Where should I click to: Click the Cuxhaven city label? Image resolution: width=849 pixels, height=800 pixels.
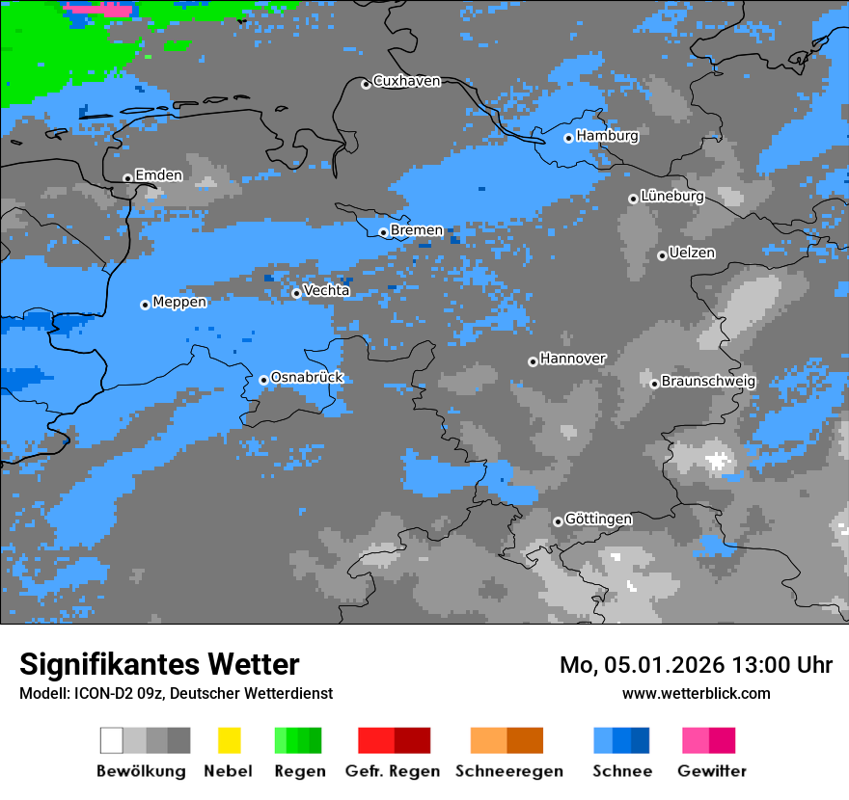[406, 82]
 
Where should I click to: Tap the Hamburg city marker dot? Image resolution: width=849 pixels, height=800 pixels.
[569, 138]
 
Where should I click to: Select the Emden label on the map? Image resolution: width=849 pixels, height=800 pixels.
[158, 175]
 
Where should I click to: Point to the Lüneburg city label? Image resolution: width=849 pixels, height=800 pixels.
[671, 197]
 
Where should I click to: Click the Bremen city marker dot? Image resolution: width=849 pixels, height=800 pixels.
[383, 232]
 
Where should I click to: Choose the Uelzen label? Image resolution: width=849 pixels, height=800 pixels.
[692, 253]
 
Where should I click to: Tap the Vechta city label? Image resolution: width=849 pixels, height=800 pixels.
[326, 291]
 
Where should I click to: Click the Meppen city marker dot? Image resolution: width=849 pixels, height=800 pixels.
[145, 305]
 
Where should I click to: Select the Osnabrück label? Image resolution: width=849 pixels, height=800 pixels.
[307, 378]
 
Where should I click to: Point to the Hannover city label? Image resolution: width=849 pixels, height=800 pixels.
[572, 359]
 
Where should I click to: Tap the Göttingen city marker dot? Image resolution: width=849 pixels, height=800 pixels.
[558, 521]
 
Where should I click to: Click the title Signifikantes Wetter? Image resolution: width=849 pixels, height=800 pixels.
[159, 664]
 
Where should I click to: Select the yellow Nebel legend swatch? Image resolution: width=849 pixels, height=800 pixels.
[229, 740]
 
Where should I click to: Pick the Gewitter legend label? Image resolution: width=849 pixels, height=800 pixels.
[712, 771]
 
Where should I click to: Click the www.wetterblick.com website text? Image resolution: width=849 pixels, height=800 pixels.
[696, 694]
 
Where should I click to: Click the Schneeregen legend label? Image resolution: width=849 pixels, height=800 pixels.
[509, 771]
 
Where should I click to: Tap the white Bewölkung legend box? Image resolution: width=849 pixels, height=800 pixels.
[112, 740]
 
